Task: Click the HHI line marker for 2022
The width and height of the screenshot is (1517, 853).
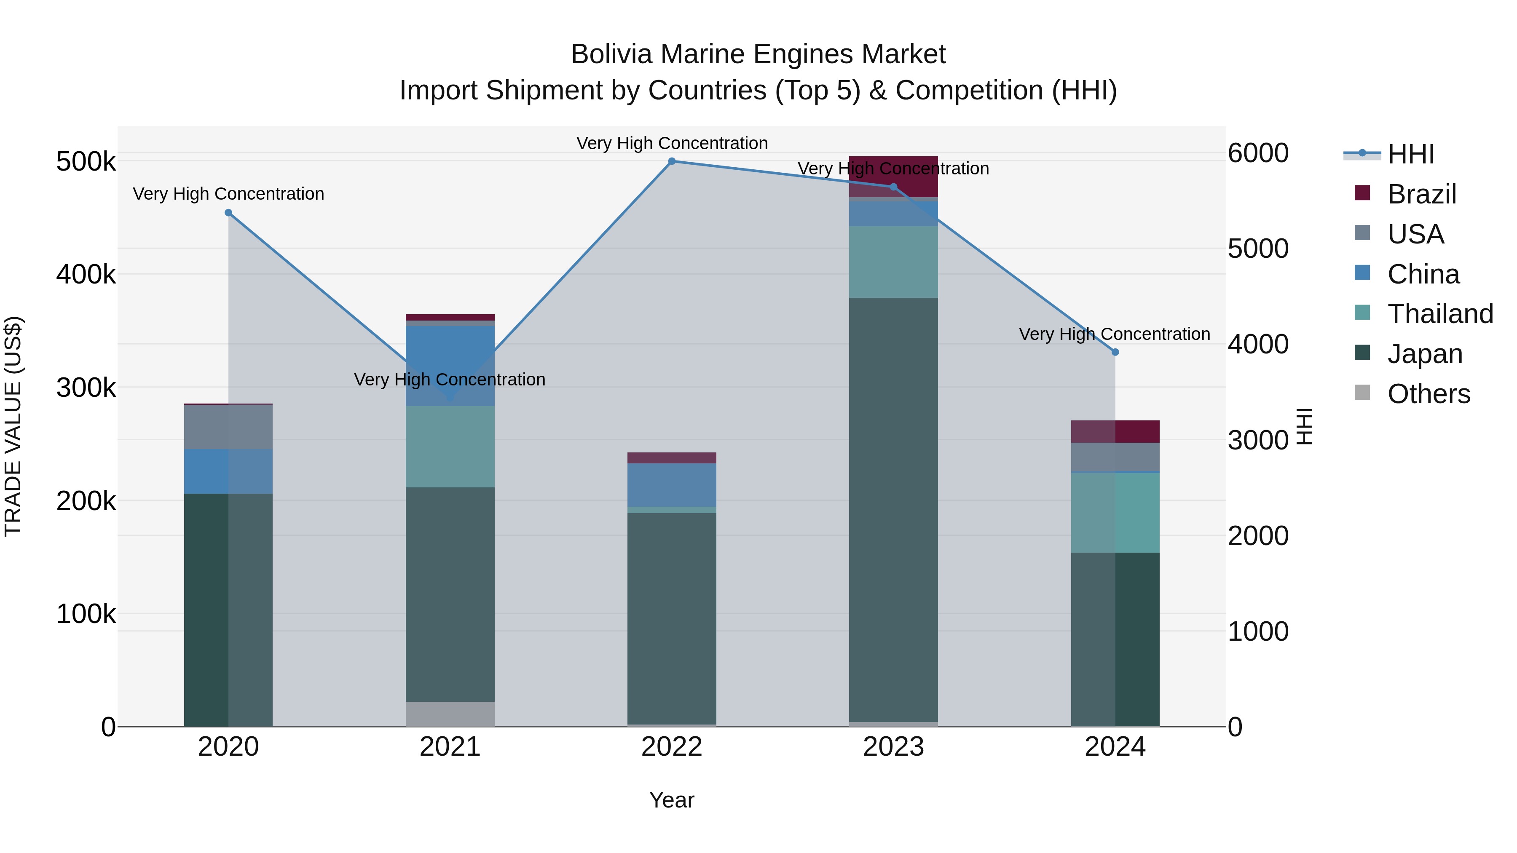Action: click(x=672, y=161)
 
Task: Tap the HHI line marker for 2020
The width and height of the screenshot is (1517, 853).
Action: click(x=228, y=213)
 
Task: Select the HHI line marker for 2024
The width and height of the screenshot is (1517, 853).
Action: click(x=1115, y=352)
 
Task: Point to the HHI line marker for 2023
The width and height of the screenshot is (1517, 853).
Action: click(x=893, y=187)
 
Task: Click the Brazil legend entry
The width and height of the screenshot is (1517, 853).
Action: click(x=1421, y=194)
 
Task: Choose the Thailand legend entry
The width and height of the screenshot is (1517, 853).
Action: click(x=1440, y=314)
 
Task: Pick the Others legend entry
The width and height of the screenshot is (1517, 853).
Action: click(x=1428, y=394)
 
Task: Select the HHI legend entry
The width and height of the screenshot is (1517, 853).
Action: click(x=1410, y=154)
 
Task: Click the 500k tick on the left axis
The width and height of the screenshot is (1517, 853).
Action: click(x=86, y=161)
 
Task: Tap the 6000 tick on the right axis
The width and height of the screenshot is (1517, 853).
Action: click(x=1258, y=153)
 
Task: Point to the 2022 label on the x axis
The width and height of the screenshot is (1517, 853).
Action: click(x=672, y=747)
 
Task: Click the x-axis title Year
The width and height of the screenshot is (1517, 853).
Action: click(x=672, y=800)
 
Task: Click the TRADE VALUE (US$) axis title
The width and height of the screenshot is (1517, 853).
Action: click(x=13, y=426)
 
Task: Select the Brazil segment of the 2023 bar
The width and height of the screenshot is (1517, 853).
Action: click(x=893, y=176)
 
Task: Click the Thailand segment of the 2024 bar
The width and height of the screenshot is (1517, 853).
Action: click(x=1115, y=512)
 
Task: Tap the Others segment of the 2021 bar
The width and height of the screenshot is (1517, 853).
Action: click(x=450, y=714)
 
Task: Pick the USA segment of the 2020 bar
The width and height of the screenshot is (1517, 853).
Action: click(x=228, y=427)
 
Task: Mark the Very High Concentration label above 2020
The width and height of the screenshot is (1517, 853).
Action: click(x=228, y=194)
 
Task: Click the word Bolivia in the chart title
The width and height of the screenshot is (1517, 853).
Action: click(x=611, y=54)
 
